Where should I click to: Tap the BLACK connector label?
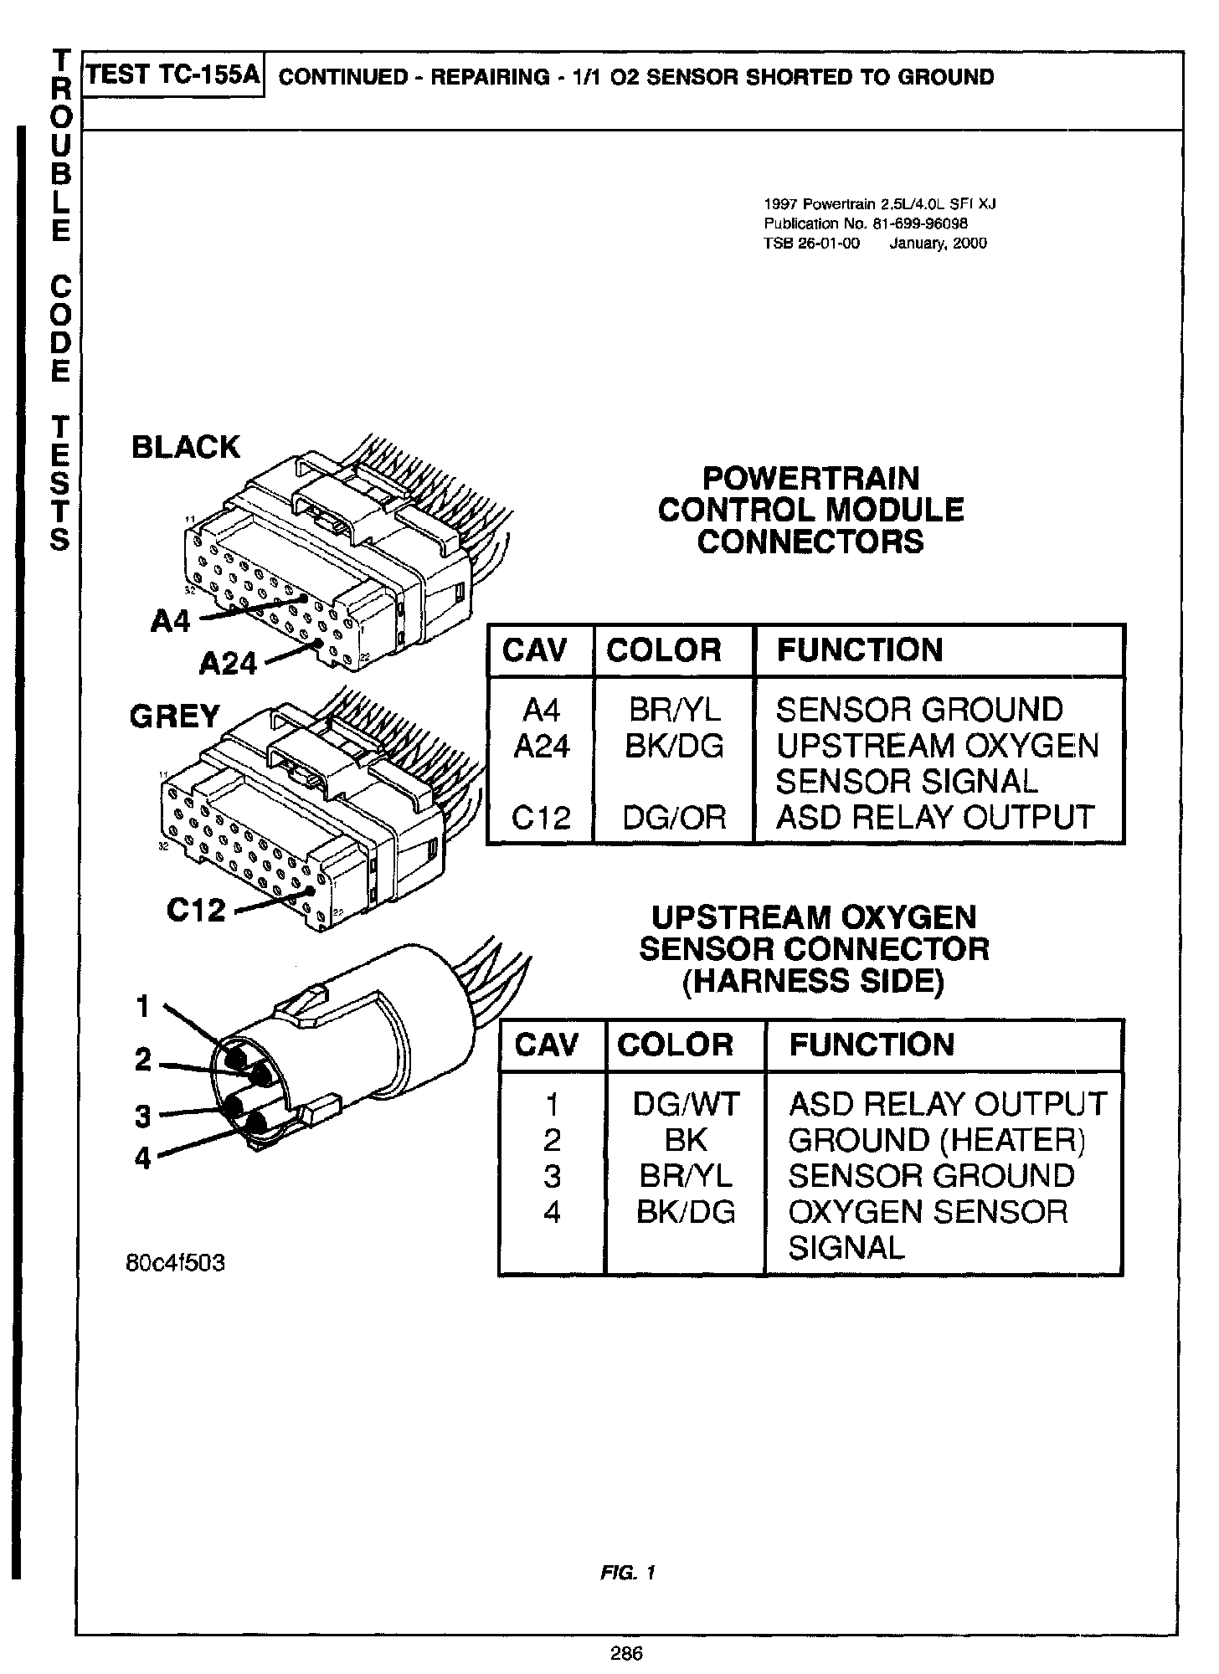[x=185, y=448]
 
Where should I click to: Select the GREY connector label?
[x=174, y=716]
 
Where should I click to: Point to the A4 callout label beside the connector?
[x=172, y=620]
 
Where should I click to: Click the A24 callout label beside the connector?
[x=229, y=664]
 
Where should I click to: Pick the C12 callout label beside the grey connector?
[x=196, y=910]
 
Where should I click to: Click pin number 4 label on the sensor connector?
[x=143, y=1158]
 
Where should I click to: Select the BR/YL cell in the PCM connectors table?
[x=674, y=710]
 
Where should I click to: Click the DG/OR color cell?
[x=674, y=817]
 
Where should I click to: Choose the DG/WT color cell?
[x=686, y=1104]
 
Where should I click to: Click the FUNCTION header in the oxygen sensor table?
[x=872, y=1045]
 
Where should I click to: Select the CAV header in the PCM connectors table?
[x=534, y=650]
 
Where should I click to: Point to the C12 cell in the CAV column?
[x=541, y=817]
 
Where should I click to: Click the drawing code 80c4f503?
[x=175, y=1263]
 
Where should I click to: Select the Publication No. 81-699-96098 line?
[x=866, y=223]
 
